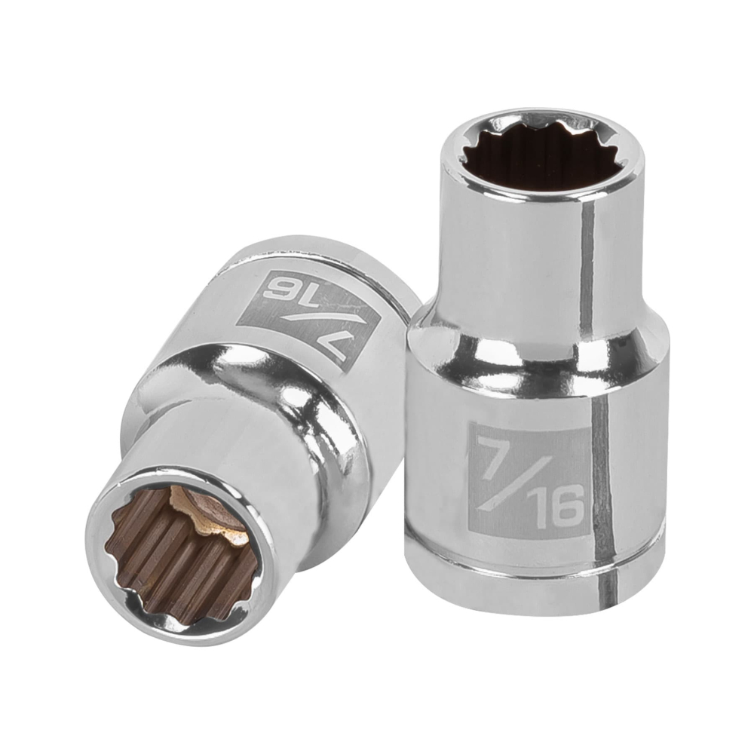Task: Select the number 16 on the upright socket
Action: click(x=559, y=508)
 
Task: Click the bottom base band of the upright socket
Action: click(x=528, y=581)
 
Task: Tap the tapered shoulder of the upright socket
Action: click(x=528, y=339)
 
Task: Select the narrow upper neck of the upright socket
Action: click(x=513, y=249)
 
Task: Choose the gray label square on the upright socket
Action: click(x=528, y=483)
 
